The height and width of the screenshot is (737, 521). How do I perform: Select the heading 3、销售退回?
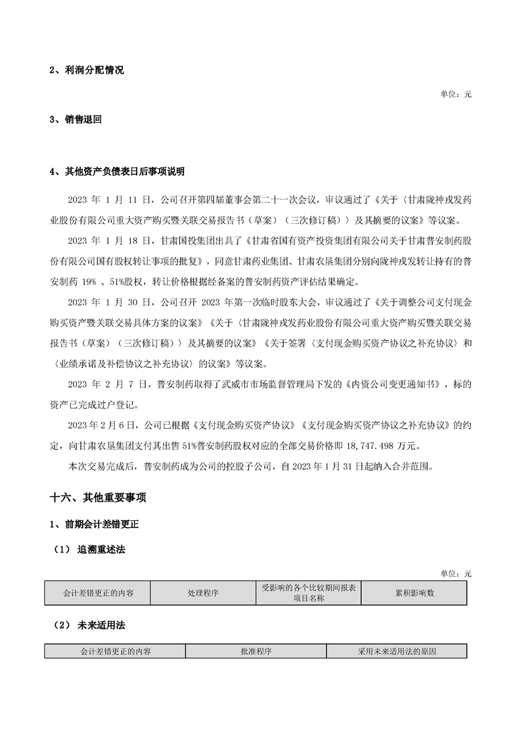click(x=76, y=120)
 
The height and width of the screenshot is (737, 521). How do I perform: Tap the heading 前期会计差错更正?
click(x=99, y=525)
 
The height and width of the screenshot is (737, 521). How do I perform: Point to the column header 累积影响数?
click(x=415, y=592)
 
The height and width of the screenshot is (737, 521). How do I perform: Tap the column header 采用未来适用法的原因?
click(x=397, y=652)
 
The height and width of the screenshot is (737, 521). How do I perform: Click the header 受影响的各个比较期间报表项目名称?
click(x=308, y=592)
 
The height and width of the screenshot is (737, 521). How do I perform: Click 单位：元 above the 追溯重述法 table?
click(x=456, y=573)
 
